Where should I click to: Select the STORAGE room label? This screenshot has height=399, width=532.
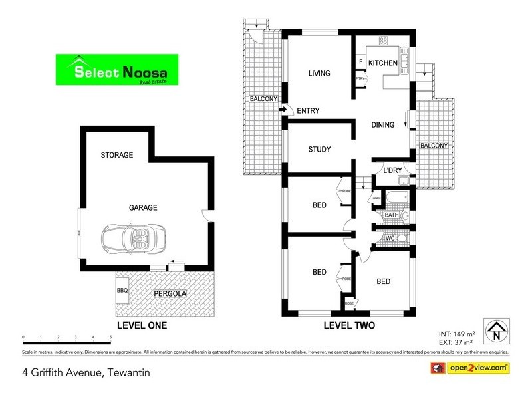click(117, 155)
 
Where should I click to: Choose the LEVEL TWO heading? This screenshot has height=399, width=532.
click(349, 326)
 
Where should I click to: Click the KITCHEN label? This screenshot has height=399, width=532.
click(384, 63)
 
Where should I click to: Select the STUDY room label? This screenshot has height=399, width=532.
click(320, 149)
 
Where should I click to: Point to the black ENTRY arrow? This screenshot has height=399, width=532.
click(282, 110)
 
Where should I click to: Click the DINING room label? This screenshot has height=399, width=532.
click(382, 124)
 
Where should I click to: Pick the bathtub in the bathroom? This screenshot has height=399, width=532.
click(397, 198)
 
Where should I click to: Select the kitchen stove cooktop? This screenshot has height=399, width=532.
click(384, 41)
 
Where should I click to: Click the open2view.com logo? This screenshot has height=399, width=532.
click(471, 367)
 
